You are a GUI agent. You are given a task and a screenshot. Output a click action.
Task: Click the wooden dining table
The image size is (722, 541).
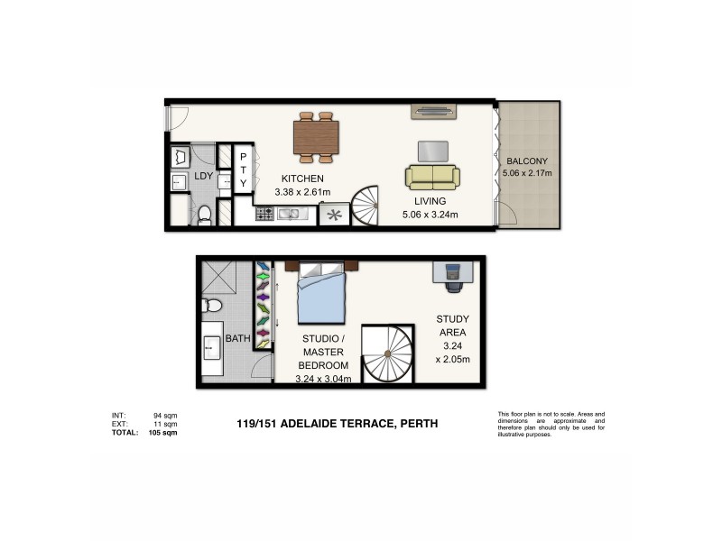pos(316,137)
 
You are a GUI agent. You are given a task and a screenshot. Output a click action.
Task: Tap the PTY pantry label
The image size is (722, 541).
pos(243,170)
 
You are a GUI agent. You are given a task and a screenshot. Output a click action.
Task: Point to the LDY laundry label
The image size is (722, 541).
pos(204,177)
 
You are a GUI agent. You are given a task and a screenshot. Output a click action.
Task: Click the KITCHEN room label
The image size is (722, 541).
pos(302,178)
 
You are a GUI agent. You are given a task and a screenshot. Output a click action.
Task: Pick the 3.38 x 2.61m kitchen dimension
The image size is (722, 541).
pos(302,191)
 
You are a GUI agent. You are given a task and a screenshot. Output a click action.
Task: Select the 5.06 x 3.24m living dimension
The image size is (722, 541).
pos(430,215)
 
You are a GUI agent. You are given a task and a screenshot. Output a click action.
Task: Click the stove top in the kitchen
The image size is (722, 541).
pos(265,215)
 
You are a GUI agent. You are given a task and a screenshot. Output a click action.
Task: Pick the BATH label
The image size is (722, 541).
pos(237,339)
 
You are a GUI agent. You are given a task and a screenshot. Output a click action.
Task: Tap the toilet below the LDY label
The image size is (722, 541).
pos(204,214)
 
